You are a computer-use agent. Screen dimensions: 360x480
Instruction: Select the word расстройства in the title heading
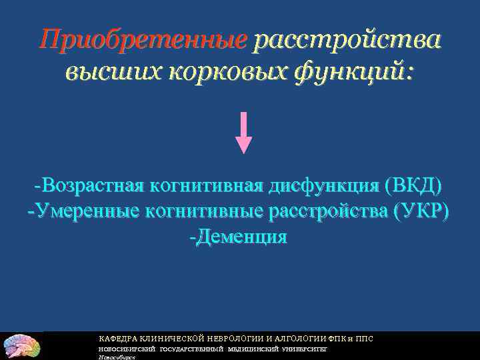346,40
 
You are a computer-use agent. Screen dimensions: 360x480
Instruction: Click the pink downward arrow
245,133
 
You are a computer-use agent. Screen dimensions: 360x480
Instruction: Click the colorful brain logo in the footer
21,346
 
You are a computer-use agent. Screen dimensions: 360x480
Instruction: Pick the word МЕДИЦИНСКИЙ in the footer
253,349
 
